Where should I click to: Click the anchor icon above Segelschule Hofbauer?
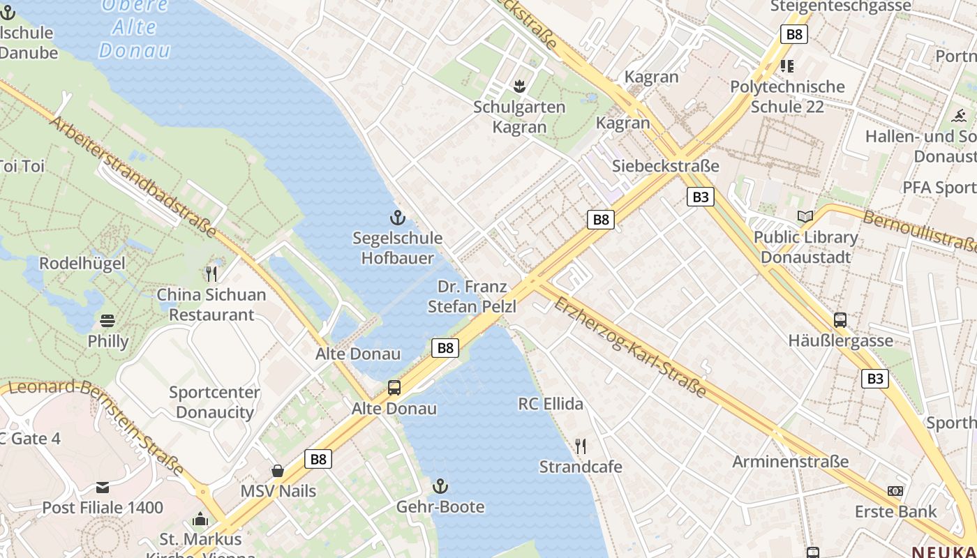point(397,217)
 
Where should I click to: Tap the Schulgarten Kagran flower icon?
point(519,86)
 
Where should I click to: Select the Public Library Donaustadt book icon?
point(805,216)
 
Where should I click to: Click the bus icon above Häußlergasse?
point(840,320)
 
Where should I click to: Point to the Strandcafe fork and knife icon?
point(580,445)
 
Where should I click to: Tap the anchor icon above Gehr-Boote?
point(440,485)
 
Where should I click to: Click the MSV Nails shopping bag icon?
point(278,471)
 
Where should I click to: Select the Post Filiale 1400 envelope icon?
point(103,487)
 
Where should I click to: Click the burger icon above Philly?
point(107,321)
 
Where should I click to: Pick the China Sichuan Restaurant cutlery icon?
point(211,273)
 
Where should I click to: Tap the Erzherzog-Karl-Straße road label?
point(629,346)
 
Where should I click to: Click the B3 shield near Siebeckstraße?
point(701,197)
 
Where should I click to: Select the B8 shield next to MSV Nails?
point(318,459)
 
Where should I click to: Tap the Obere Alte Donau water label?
point(135,28)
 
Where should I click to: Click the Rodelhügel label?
point(82,264)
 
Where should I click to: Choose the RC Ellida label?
point(551,404)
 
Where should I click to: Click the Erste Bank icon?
point(895,491)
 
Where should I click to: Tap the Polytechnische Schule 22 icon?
point(787,66)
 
